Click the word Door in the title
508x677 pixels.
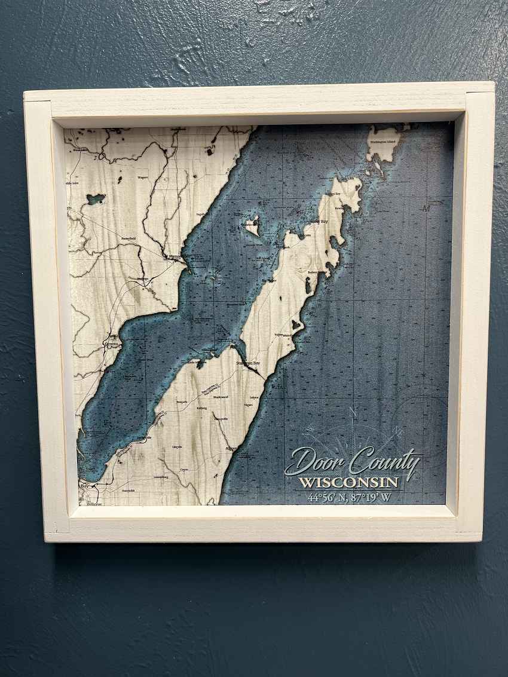click(314, 462)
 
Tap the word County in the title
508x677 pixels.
click(385, 462)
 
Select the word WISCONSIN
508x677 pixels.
click(348, 482)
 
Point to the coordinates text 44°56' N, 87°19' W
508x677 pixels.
click(350, 497)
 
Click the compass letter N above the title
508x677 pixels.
click(353, 412)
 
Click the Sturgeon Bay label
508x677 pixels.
click(247, 363)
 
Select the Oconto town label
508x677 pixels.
click(112, 344)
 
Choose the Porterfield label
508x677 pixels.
click(128, 238)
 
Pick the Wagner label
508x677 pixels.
click(143, 177)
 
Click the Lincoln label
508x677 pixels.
click(177, 446)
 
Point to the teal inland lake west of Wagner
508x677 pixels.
click(96, 198)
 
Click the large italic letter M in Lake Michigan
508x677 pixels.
click(426, 209)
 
